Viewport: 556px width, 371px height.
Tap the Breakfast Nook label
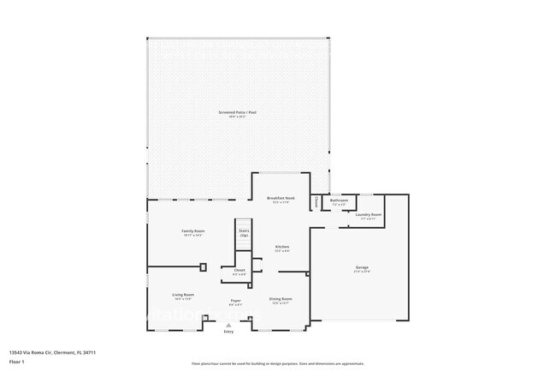point(281,198)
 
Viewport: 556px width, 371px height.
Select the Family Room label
point(192,230)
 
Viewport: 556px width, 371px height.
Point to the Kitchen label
point(282,247)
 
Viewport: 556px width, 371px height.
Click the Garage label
point(363,268)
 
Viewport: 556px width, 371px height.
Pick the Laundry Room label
point(370,214)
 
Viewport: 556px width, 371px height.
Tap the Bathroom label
point(340,200)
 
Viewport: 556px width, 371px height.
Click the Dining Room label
point(281,298)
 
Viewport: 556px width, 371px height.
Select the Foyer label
point(235,301)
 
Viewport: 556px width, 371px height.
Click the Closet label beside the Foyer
point(240,270)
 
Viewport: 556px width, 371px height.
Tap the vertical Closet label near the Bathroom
point(316,202)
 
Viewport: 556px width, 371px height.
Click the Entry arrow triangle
point(228,326)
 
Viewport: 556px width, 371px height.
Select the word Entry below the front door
point(228,332)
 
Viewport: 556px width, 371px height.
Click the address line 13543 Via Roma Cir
point(52,352)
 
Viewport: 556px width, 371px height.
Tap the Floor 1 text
point(16,362)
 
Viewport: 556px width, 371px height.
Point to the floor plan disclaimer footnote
point(278,363)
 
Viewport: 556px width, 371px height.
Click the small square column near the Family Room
point(203,266)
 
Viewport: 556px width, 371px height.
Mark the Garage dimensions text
point(363,272)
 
